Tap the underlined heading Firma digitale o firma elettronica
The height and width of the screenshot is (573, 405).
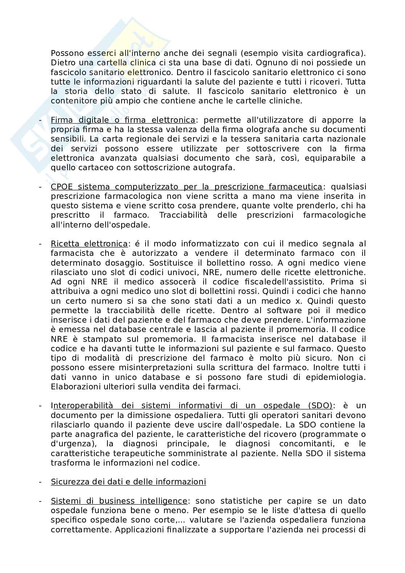tap(123, 120)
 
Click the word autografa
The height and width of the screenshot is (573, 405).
tap(216, 168)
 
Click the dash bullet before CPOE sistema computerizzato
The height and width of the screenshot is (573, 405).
tap(41, 187)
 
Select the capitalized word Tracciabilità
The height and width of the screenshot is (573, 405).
tap(183, 215)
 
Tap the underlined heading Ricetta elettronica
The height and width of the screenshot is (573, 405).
tap(89, 244)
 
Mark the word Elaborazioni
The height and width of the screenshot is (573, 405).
tap(74, 387)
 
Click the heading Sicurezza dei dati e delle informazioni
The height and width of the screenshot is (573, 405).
tap(128, 482)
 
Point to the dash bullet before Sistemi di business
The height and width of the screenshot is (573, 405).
tap(41, 501)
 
